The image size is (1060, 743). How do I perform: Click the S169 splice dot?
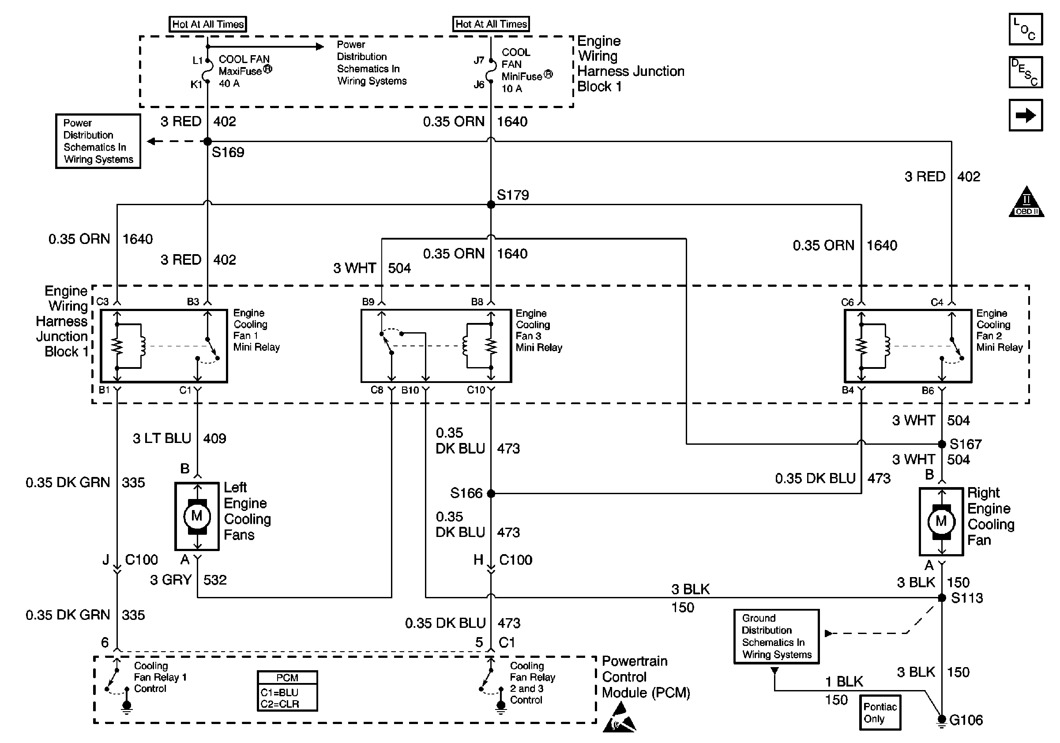click(208, 141)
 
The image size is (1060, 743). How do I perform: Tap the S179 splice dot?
click(491, 204)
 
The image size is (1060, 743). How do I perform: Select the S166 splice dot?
click(491, 493)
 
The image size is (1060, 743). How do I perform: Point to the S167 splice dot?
click(942, 444)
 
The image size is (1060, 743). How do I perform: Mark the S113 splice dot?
click(942, 598)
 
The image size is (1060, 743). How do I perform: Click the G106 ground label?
click(966, 720)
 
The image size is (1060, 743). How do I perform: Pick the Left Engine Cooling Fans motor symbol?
click(197, 516)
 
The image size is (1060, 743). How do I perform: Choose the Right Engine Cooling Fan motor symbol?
click(942, 522)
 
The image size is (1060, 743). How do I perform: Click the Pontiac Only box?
click(880, 713)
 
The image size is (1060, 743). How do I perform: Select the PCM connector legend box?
click(287, 691)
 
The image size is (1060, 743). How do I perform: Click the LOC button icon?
click(1026, 29)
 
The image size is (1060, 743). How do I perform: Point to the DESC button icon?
click(1026, 72)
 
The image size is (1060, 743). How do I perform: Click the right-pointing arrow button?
click(1026, 115)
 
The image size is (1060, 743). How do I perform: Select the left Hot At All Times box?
click(208, 24)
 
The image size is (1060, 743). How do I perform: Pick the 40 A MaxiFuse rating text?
click(229, 83)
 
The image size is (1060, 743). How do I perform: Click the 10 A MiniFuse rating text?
click(511, 89)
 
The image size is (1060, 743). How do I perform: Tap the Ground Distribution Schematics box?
click(777, 636)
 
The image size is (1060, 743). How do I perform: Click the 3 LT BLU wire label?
click(162, 438)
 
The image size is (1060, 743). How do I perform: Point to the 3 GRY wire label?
click(170, 580)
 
